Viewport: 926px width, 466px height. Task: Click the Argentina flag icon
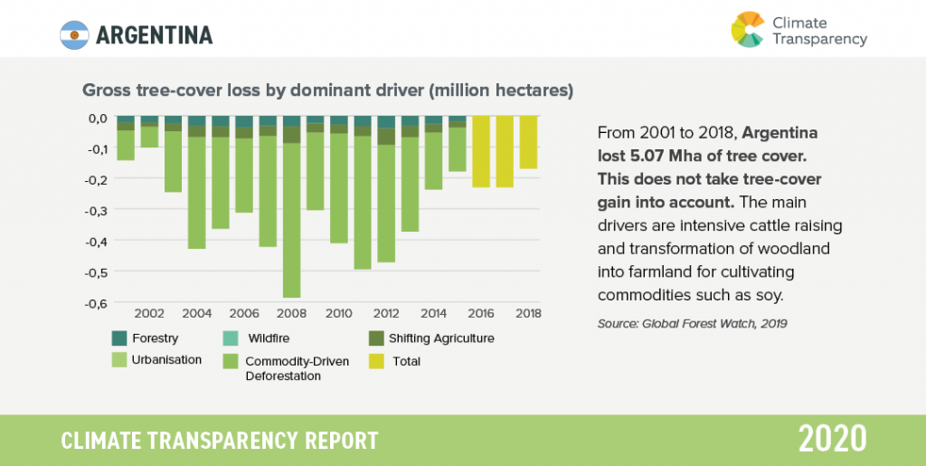(x=73, y=34)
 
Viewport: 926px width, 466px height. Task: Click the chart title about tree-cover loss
(x=327, y=91)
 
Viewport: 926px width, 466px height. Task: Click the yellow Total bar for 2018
(x=528, y=143)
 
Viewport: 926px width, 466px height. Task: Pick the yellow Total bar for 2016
(x=480, y=152)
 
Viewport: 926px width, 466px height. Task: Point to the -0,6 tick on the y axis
(x=96, y=303)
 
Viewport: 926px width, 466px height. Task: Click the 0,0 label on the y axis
(x=98, y=118)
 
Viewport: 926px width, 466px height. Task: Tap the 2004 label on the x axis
(x=196, y=314)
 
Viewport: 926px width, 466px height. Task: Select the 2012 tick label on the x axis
(x=386, y=314)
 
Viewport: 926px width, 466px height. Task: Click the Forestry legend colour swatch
(x=119, y=338)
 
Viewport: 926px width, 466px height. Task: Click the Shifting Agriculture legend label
(x=442, y=338)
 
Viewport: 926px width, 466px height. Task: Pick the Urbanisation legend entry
(x=162, y=360)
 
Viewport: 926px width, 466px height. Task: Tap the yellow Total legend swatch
(x=374, y=361)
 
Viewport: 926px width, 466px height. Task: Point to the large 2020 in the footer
(x=832, y=439)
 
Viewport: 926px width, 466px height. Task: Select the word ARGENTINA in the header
(x=154, y=35)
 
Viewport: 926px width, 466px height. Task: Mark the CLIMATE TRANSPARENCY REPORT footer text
(x=220, y=441)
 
